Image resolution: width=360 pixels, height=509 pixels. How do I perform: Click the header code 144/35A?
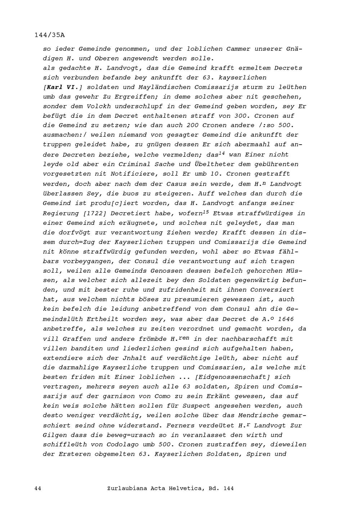pos(50,35)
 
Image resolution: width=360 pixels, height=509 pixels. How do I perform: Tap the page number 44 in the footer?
pos(38,488)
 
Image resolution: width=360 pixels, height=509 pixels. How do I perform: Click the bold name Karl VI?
pos(63,87)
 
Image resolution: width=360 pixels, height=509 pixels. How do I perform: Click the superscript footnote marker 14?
pos(222,153)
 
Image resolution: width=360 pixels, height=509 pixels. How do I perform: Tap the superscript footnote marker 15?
pos(206,212)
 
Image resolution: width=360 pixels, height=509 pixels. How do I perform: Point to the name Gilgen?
pos(55,435)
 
